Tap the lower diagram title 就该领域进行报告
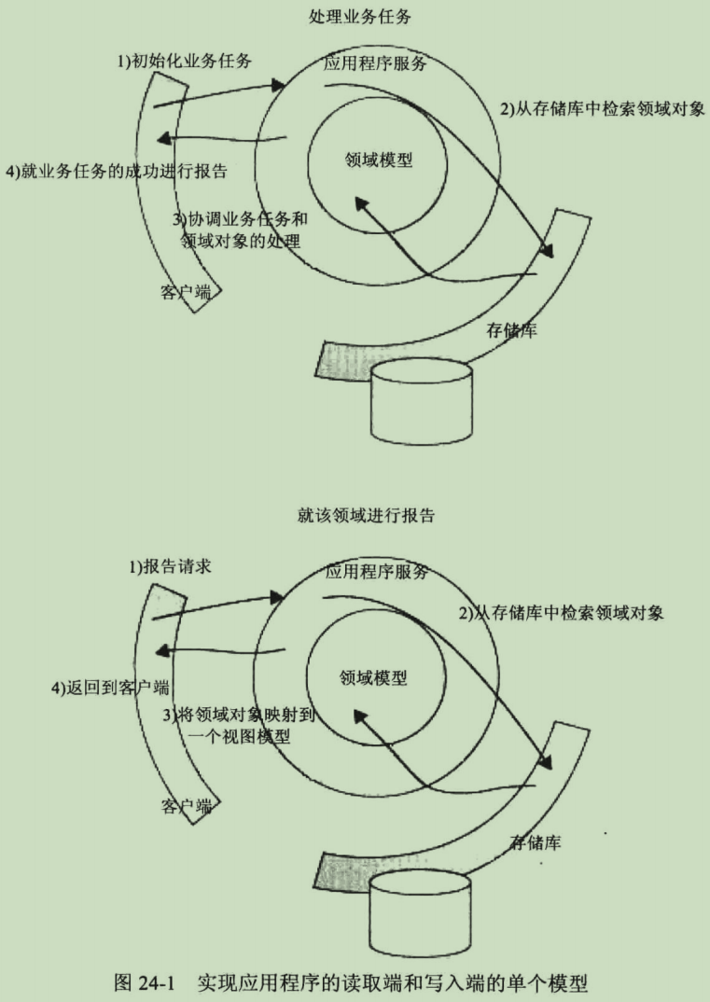tap(367, 515)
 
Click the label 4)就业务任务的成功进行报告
tap(117, 172)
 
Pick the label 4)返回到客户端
tap(109, 688)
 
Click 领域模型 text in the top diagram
tap(378, 159)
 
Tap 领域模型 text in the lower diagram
tap(373, 677)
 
